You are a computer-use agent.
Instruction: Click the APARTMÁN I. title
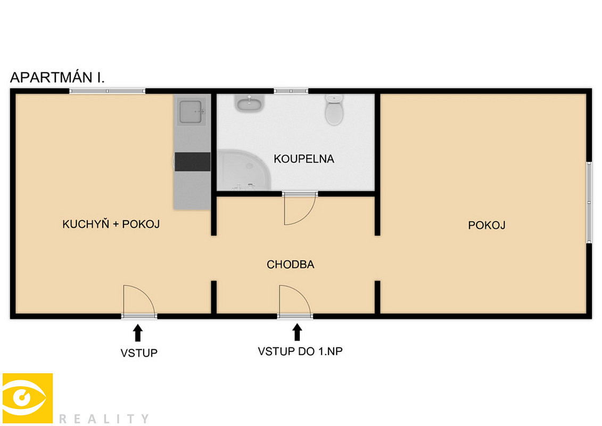coord(57,77)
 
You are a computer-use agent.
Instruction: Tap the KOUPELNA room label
coord(304,159)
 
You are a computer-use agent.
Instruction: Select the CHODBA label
coord(290,264)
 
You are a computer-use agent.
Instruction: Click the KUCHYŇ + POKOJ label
coord(111,224)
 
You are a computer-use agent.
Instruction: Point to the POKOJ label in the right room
coord(486,225)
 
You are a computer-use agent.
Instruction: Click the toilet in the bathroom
coord(334,110)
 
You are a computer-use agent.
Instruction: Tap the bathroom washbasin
coord(249,103)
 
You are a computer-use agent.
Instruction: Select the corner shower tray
coord(244,170)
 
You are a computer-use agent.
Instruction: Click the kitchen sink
coord(191,112)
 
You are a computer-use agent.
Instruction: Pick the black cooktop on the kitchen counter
coord(192,162)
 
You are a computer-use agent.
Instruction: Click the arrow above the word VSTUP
coord(138,333)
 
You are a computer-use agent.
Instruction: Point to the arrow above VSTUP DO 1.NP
coord(297,332)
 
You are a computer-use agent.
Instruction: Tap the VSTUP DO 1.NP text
coord(300,351)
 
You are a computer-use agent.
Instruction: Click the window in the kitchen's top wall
coord(107,91)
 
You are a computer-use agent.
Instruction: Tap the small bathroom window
coord(291,91)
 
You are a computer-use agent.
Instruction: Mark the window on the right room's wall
coord(589,202)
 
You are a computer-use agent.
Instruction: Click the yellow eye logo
coord(28,398)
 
